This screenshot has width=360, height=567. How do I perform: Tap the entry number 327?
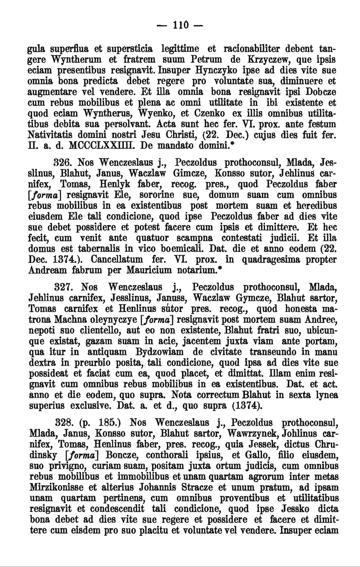point(64,287)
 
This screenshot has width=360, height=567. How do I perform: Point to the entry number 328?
point(64,423)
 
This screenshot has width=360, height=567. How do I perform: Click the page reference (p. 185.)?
point(100,423)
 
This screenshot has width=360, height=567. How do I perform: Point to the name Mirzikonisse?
point(55,487)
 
